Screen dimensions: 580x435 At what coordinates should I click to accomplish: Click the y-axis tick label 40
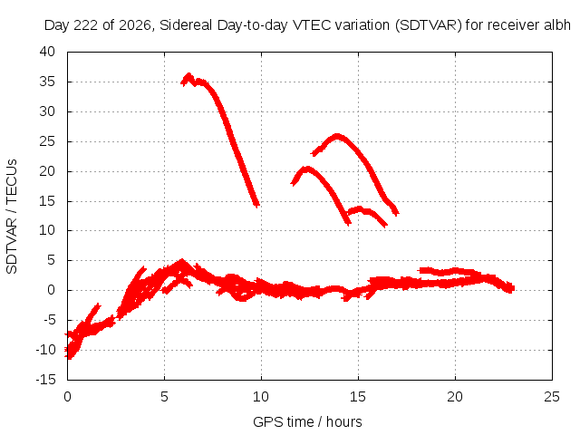(x=47, y=52)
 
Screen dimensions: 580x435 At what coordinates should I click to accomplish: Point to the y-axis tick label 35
(x=47, y=82)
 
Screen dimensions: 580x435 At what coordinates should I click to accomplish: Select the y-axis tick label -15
(x=45, y=380)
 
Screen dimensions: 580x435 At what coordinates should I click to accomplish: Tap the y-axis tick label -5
(x=49, y=320)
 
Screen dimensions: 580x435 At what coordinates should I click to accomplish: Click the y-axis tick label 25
(x=47, y=141)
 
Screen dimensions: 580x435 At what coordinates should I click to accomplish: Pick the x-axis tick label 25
(x=552, y=397)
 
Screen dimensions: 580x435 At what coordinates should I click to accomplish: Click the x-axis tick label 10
(x=261, y=397)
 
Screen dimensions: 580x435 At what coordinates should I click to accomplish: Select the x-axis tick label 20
(x=455, y=397)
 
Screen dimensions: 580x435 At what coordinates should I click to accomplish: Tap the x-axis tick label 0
(x=67, y=397)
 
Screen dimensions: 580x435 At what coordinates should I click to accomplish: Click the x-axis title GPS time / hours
(x=307, y=422)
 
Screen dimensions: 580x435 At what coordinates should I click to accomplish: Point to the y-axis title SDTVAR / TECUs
(x=12, y=217)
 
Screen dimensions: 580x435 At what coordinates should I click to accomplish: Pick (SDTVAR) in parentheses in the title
(x=429, y=25)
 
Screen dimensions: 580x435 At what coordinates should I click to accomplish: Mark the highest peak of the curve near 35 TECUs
(x=189, y=75)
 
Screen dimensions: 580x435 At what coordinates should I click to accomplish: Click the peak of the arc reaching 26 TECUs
(x=337, y=135)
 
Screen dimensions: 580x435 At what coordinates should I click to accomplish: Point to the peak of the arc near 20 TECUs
(x=306, y=169)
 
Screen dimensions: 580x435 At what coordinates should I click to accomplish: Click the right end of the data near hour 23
(x=512, y=288)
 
